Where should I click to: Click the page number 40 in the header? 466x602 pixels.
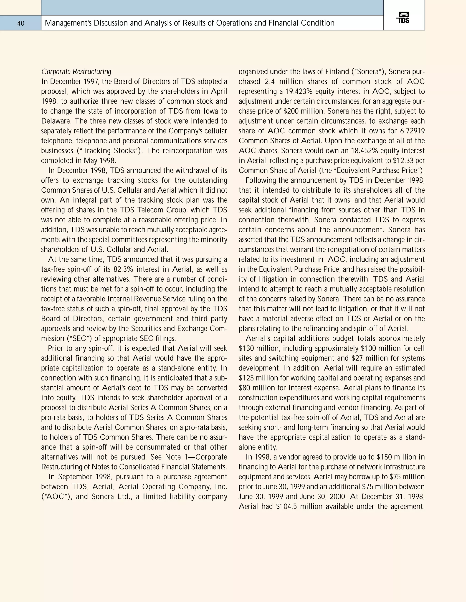click(21, 23)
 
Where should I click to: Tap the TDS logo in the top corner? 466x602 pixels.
click(403, 18)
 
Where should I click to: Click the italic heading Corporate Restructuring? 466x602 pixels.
click(76, 72)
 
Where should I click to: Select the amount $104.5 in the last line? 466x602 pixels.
click(286, 506)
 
